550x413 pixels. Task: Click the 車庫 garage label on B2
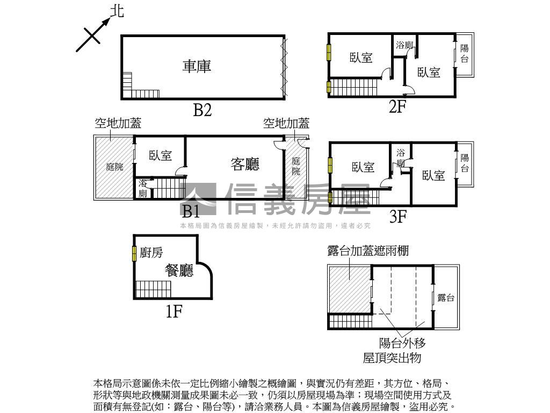pos(197,66)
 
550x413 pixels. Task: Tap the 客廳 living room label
pos(245,164)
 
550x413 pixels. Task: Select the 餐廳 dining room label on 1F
pos(179,270)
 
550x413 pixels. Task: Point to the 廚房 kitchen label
pos(151,252)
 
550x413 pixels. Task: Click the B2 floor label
pos(202,110)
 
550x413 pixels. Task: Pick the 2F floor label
pos(397,106)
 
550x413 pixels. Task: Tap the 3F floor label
pos(398,216)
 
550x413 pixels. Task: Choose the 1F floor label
pos(174,311)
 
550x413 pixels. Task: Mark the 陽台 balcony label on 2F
pos(465,53)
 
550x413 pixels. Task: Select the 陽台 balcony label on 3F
pos(465,162)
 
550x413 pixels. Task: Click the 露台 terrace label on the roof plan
pos(446,298)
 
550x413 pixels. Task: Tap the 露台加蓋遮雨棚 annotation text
pos(368,251)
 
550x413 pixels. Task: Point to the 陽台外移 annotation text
pos(402,343)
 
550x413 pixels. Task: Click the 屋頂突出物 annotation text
pos(392,358)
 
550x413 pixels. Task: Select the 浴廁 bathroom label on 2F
pos(404,45)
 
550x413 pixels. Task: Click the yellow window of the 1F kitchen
pos(134,254)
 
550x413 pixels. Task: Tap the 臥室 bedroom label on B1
pos(160,155)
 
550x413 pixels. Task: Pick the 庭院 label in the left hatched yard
pos(115,167)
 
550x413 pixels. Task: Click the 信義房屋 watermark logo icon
pos(198,199)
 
